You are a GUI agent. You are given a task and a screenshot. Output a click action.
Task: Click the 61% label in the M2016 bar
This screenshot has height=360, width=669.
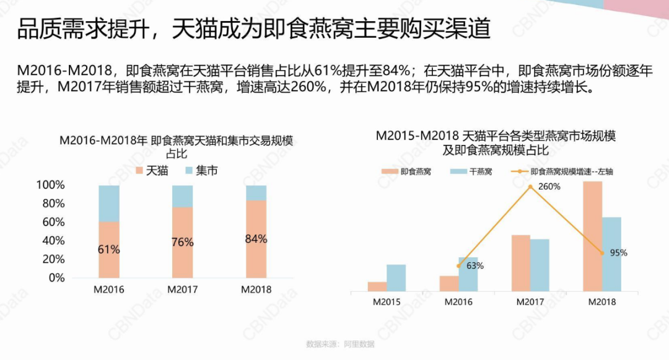[x=109, y=250]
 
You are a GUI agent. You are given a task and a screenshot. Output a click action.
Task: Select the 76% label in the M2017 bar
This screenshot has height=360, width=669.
[x=183, y=242]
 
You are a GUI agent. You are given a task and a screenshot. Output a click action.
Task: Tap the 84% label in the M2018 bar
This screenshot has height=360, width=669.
[x=256, y=239]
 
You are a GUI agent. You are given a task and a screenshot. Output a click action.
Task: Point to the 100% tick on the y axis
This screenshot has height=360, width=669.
[x=51, y=185]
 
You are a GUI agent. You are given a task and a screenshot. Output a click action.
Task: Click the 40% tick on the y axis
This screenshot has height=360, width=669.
[x=53, y=241]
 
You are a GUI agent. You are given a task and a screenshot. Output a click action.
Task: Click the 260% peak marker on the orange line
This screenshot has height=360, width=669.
[x=530, y=186]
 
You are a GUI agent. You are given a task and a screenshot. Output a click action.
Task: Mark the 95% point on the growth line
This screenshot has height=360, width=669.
[x=601, y=253]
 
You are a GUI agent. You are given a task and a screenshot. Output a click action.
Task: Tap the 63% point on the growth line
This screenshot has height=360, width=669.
[x=458, y=266]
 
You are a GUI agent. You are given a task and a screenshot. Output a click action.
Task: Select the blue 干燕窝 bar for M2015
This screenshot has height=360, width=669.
[x=396, y=278]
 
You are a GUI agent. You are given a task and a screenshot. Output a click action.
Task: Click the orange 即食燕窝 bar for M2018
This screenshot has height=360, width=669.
[x=592, y=235]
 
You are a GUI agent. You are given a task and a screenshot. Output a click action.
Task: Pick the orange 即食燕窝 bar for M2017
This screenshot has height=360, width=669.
[x=520, y=263]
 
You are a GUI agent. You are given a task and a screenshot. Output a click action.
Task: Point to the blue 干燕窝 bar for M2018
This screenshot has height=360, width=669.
[x=611, y=254]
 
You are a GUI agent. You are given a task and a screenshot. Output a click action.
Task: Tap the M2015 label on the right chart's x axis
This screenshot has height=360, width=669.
[x=387, y=302]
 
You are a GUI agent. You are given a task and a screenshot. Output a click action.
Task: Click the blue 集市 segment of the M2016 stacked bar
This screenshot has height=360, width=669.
[x=109, y=203]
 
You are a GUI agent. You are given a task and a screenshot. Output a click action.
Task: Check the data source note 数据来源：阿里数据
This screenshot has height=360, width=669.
[x=340, y=345]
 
